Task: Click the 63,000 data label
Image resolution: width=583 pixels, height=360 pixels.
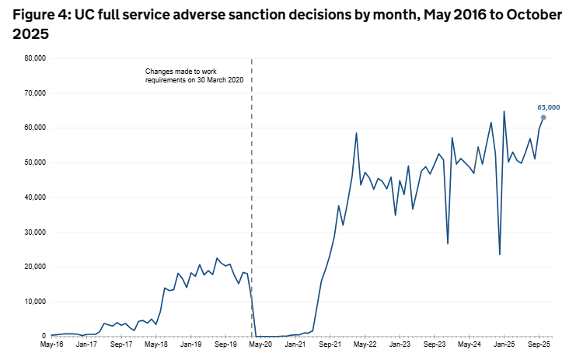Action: [548, 107]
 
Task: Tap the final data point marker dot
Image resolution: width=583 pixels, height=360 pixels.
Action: [543, 117]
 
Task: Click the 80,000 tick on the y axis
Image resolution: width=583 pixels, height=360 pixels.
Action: [33, 58]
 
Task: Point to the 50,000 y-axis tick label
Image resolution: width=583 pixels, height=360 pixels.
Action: [33, 163]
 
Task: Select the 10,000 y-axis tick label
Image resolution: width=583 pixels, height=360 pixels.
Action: [33, 302]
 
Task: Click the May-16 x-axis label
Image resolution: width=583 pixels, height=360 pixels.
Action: [51, 344]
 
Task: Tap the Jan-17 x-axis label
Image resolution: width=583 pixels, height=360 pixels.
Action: [86, 344]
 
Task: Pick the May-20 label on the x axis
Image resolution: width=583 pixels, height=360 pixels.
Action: [260, 344]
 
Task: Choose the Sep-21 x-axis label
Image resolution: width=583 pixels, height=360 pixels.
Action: [330, 344]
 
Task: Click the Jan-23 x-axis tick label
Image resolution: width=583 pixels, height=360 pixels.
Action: [400, 344]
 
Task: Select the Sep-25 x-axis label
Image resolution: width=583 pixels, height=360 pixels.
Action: [539, 344]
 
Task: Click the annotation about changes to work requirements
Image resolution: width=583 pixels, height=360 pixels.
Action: [200, 75]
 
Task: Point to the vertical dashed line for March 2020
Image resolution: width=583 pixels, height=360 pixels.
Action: [252, 194]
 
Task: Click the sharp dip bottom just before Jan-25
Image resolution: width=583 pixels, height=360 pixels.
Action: [499, 254]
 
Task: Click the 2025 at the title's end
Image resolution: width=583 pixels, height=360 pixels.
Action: [30, 34]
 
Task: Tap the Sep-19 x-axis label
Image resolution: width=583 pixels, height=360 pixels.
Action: [225, 344]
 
